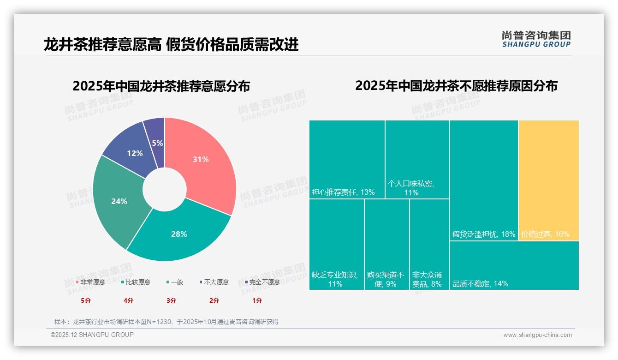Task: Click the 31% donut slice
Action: (203, 162)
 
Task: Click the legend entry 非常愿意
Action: (90, 282)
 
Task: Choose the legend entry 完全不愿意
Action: (262, 282)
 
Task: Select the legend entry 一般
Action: (174, 282)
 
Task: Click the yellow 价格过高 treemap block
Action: (548, 180)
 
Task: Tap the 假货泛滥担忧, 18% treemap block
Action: (484, 180)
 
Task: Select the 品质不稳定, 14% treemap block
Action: (514, 265)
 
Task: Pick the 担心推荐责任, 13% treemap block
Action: (347, 159)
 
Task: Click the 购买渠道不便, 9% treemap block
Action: (386, 245)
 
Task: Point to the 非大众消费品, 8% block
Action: (429, 245)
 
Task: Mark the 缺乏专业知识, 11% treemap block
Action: (336, 245)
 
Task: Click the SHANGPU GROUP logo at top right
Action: (536, 39)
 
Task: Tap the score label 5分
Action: (86, 300)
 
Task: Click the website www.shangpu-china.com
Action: (537, 335)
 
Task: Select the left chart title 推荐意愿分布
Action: (161, 86)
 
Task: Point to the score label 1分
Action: (257, 300)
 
